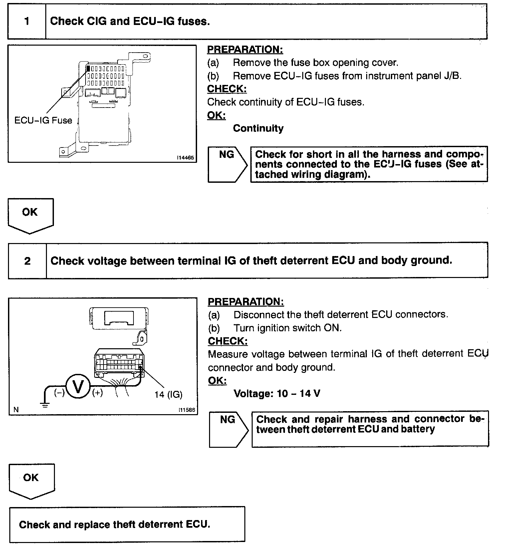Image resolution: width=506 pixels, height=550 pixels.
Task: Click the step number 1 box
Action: (x=27, y=22)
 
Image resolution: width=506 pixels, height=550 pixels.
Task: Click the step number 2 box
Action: (x=27, y=261)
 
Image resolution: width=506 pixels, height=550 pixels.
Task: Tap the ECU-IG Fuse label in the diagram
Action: (x=43, y=120)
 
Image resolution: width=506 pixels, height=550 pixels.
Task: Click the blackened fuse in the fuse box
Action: (x=89, y=69)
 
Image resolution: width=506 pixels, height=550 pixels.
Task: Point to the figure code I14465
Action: (x=185, y=158)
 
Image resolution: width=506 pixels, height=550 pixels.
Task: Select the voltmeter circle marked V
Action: (x=78, y=387)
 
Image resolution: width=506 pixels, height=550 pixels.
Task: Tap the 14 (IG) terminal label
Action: (x=168, y=395)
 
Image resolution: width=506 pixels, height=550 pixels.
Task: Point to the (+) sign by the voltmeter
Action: (x=98, y=393)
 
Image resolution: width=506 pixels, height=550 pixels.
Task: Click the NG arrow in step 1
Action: (x=227, y=164)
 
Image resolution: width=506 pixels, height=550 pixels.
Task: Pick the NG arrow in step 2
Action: (x=228, y=429)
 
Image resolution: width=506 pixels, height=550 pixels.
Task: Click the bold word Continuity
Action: (x=258, y=129)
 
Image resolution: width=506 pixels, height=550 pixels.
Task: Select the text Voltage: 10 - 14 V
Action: (x=277, y=394)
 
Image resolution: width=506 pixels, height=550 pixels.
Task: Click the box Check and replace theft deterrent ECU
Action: (x=127, y=525)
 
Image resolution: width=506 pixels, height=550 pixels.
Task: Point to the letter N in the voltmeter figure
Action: (x=16, y=410)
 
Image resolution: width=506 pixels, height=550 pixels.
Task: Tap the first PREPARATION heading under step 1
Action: (x=245, y=50)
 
